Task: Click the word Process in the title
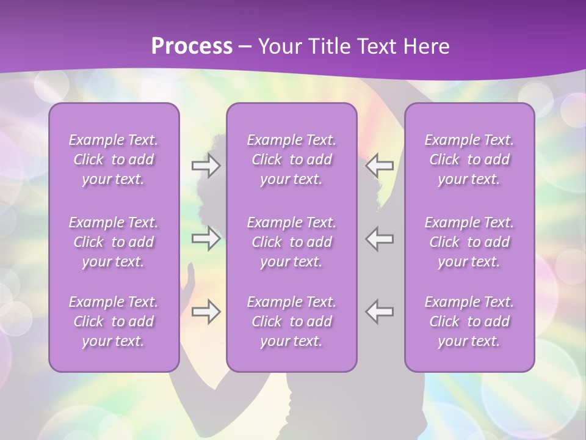(192, 46)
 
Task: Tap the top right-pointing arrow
(206, 166)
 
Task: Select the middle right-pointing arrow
(206, 238)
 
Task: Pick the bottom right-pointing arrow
(206, 312)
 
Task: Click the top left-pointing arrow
(379, 166)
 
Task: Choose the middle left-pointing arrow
(379, 238)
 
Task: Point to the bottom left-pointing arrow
(379, 312)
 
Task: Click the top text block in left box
(114, 159)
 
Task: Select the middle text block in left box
(114, 242)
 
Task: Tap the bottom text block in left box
(114, 321)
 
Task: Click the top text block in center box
(291, 159)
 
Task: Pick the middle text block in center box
(291, 242)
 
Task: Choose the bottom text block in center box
(291, 321)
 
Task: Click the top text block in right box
(469, 159)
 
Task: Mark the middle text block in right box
(469, 242)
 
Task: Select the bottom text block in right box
(469, 321)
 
